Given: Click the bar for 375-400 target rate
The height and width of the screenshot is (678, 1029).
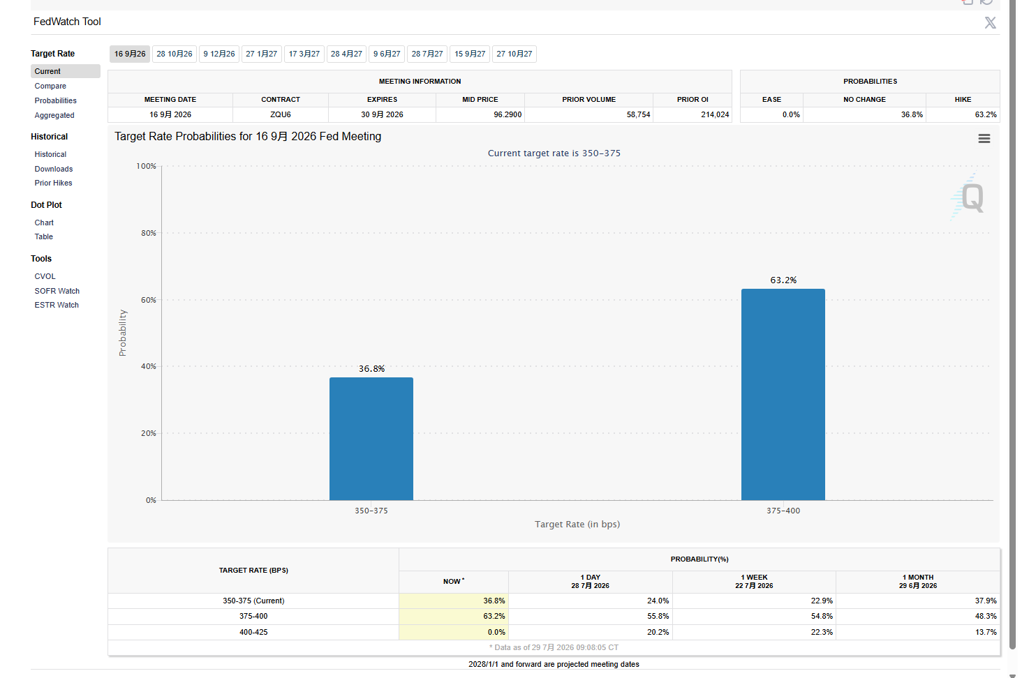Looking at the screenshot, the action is coord(783,394).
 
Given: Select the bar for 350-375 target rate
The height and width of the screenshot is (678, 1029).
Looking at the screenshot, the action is coord(371,438).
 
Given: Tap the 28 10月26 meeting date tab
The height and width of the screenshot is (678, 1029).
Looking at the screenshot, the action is coord(174,54).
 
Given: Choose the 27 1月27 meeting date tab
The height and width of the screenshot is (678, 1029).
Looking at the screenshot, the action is coord(261,54).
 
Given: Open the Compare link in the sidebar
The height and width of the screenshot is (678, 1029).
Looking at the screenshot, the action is coord(50,86).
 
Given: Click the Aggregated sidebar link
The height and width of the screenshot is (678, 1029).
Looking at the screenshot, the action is coord(54,115).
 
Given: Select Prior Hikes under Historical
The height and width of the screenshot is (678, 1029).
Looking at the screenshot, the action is coord(53,183).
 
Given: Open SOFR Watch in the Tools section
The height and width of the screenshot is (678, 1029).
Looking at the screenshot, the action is coord(57,291).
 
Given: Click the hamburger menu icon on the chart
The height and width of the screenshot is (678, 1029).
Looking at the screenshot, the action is coord(984,138).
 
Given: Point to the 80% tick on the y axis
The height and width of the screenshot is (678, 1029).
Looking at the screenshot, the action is coord(149,233).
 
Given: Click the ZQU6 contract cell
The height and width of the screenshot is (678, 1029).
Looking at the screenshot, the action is coord(280,114).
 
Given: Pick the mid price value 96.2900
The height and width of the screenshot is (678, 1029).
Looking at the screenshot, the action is coord(508,114).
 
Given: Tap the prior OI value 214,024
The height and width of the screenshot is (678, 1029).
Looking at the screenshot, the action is coord(715,114).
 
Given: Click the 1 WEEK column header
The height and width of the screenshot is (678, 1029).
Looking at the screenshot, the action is coord(754,581).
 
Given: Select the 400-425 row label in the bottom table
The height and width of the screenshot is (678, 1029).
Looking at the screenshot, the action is coord(253,632).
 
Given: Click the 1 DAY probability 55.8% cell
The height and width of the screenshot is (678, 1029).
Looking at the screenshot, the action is coord(658,616).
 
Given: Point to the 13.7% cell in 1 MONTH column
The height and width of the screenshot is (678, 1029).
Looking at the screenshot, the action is coord(986,632).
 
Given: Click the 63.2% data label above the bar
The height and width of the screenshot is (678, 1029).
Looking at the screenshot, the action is coord(783,280).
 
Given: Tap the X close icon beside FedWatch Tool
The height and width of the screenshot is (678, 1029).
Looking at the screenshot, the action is coord(990,22).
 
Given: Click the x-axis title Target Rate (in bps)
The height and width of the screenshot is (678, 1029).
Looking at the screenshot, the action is coord(577,525).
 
